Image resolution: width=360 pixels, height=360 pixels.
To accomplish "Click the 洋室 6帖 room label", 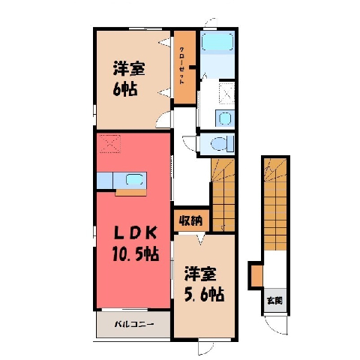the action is click(x=129, y=79).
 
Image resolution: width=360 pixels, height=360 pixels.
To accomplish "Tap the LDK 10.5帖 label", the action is click(x=136, y=243).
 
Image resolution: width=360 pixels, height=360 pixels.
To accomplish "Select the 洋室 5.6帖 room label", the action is click(x=204, y=284).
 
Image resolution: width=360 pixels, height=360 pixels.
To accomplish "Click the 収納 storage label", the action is click(x=191, y=220).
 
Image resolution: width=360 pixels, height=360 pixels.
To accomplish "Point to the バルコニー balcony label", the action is click(x=134, y=325).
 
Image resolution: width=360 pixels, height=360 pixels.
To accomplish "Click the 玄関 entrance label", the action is click(x=274, y=301).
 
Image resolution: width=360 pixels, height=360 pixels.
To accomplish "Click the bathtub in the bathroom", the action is click(x=217, y=42).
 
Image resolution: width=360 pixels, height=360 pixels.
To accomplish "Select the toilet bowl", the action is click(x=218, y=144).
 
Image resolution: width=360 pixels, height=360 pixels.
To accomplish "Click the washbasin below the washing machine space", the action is click(x=225, y=118).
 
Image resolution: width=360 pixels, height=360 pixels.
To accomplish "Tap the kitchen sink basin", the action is click(x=134, y=179).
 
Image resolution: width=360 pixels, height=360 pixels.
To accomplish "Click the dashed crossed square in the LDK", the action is click(x=110, y=143).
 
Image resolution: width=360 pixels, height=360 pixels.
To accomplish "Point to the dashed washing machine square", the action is click(x=226, y=93).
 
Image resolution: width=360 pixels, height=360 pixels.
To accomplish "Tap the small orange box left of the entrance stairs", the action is click(x=256, y=276).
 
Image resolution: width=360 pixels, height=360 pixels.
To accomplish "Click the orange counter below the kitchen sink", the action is click(x=131, y=193).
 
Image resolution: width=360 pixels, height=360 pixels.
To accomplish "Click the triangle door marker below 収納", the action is click(x=200, y=239).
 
